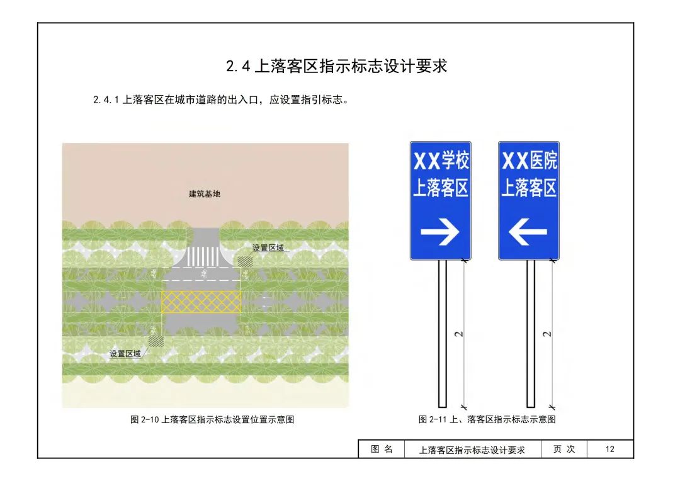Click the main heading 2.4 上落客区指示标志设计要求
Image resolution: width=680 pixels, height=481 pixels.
coord(336,67)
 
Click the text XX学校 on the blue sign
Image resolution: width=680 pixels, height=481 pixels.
coord(441,161)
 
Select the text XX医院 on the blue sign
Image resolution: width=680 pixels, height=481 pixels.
coord(529,161)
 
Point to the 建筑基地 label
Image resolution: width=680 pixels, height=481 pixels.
coord(205,194)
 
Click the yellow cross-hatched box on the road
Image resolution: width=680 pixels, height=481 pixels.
coord(201,302)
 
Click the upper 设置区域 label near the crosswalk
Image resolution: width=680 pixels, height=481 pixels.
coord(268,248)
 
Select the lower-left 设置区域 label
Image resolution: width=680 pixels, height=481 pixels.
coord(125,354)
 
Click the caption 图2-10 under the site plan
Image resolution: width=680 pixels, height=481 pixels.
coord(212,420)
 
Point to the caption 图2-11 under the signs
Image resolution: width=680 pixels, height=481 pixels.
coord(487,420)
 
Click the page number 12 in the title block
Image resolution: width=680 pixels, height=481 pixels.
coord(609,449)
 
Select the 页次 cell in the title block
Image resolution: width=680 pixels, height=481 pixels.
coord(564,449)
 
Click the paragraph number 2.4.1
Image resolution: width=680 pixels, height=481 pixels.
coord(106,99)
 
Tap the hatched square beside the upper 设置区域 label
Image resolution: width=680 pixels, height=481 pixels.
coord(244,261)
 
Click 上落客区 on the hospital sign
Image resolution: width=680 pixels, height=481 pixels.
coord(529,188)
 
